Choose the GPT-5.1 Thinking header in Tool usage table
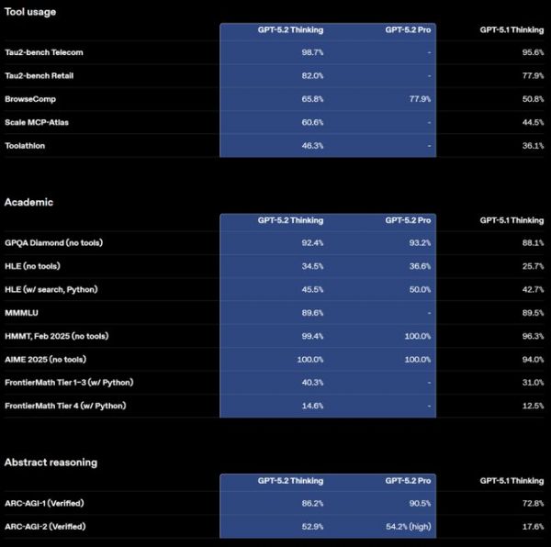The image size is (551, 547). click(512, 29)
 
